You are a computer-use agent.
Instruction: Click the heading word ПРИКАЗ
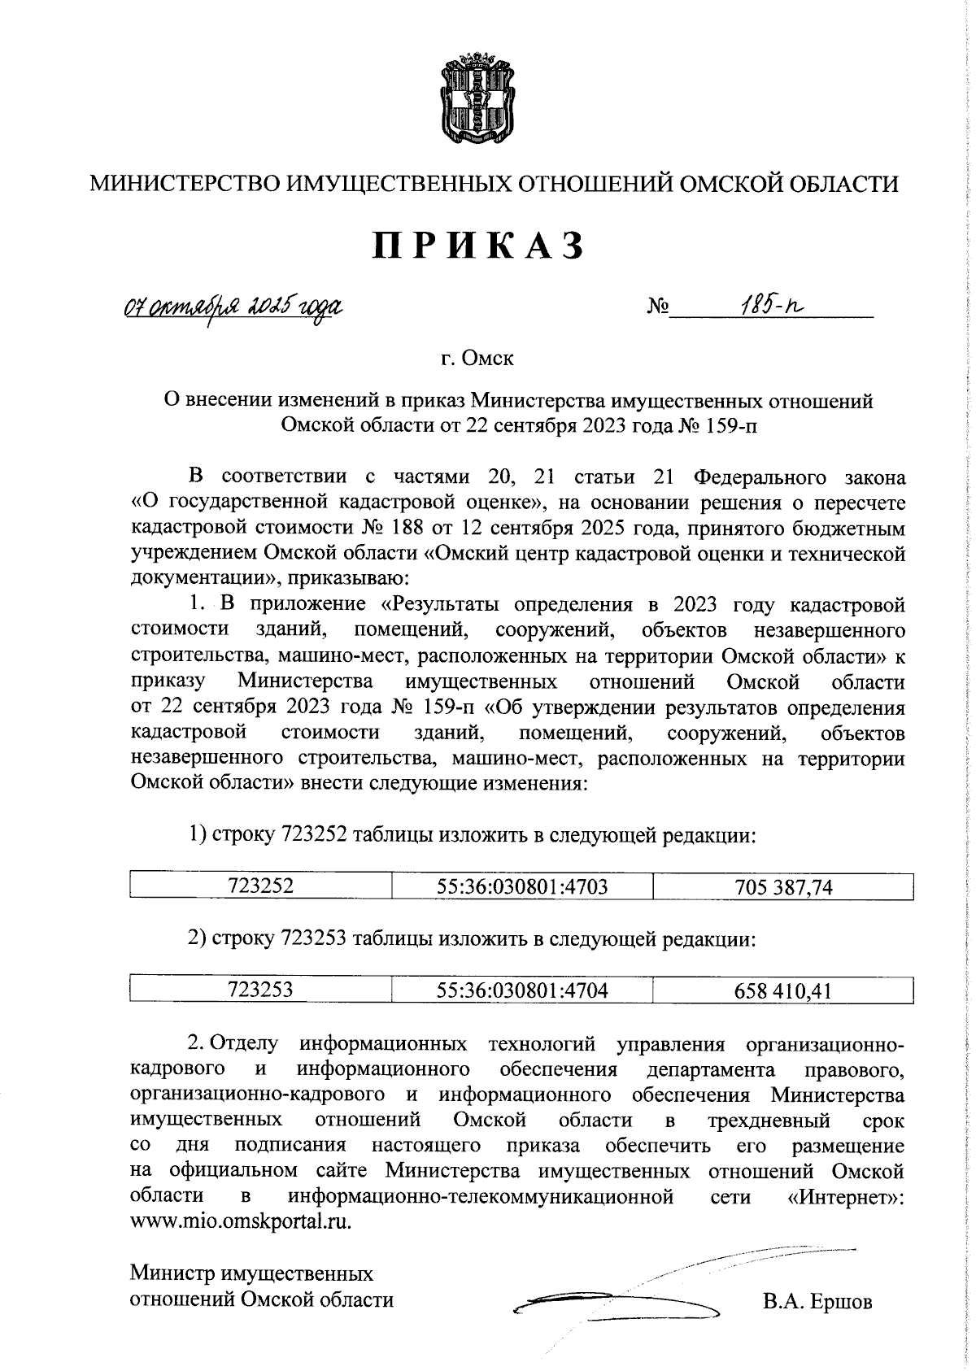[479, 245]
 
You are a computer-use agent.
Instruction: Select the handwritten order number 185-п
[769, 306]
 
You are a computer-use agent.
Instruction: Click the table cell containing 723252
[260, 886]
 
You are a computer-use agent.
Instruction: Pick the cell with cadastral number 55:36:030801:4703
[521, 886]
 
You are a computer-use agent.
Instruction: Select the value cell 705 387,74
[782, 886]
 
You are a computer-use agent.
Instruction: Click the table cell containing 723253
[260, 989]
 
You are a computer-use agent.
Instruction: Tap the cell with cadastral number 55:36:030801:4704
[521, 989]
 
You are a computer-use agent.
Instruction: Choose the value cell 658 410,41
[782, 990]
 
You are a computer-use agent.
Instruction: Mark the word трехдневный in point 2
[769, 1121]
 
